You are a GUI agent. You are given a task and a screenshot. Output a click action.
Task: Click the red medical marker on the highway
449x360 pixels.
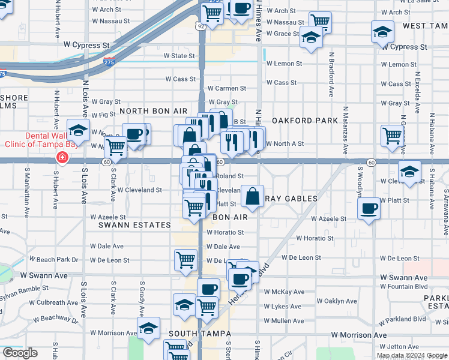[x=61, y=158]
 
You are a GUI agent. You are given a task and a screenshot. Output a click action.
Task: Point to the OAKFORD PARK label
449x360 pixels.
[x=305, y=121]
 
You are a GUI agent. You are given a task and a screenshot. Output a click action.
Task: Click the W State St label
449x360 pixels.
[x=180, y=56]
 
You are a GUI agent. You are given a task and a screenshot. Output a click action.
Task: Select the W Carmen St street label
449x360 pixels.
[x=227, y=88]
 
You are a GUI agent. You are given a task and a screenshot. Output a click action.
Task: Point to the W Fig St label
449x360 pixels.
[x=100, y=114]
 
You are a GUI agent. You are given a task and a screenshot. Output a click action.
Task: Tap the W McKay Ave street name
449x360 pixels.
[x=285, y=292]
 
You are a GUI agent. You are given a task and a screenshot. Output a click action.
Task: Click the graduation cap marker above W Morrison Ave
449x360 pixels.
[x=148, y=328]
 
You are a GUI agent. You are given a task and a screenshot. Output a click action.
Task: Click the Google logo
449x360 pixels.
[x=20, y=353]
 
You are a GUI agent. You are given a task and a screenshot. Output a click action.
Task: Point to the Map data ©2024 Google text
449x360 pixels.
[x=412, y=355]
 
